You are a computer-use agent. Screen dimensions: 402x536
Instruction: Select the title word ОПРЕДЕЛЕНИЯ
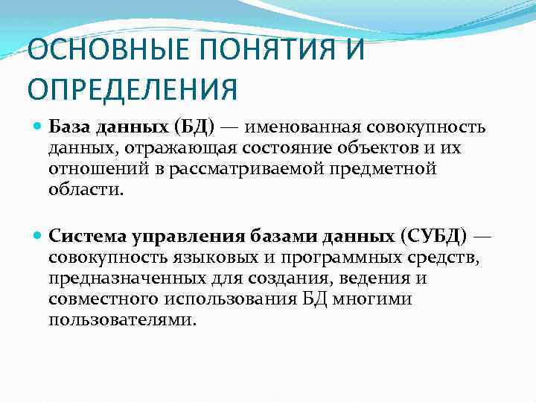click(133, 89)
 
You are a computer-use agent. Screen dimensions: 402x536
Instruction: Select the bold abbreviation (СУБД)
click(435, 237)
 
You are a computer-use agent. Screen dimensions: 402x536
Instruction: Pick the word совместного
click(100, 299)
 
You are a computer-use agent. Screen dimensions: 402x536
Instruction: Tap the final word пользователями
click(122, 319)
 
